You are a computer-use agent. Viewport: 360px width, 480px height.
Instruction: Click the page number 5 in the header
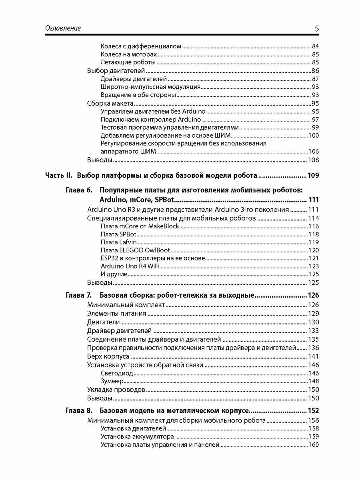click(316, 28)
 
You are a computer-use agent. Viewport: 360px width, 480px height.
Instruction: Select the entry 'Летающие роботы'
click(128, 62)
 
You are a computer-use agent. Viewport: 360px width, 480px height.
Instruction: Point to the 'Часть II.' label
click(58, 175)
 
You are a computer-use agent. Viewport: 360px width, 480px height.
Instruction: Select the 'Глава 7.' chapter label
click(79, 296)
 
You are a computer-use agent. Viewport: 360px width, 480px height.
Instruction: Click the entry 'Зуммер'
click(112, 381)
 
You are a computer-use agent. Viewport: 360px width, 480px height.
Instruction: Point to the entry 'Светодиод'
click(117, 373)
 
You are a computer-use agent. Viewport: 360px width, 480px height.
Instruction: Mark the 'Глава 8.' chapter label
click(79, 410)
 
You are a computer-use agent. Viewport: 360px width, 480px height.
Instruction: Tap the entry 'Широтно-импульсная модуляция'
click(150, 87)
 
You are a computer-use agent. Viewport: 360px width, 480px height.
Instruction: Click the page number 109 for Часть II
click(312, 175)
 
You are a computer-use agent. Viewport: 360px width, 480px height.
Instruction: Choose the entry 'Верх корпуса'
click(108, 356)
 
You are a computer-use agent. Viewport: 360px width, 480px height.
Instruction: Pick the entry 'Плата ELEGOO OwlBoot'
click(135, 250)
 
